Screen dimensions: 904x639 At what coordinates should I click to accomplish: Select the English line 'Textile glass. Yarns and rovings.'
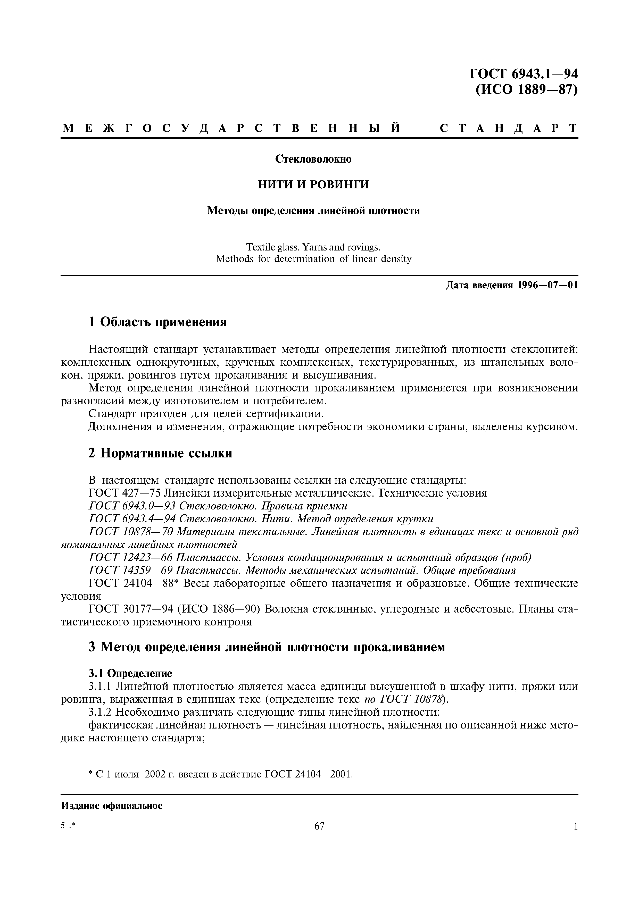(313, 247)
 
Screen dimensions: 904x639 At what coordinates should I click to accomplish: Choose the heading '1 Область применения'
(157, 322)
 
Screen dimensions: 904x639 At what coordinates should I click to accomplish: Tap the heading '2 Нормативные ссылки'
(160, 454)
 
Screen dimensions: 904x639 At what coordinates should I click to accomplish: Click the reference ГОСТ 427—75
(125, 493)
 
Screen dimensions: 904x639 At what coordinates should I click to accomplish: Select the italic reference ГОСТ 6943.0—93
(132, 506)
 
